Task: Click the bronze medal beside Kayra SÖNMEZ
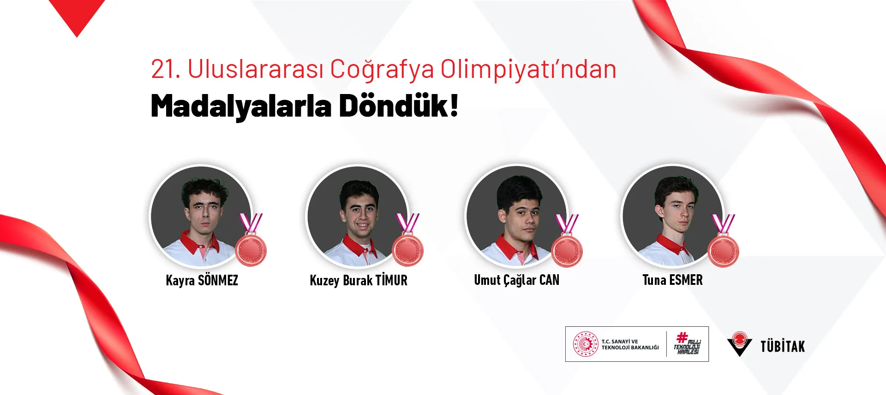point(251,250)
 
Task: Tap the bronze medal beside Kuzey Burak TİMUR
point(408,250)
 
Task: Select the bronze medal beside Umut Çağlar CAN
point(567,251)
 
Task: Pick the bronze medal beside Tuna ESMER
point(724,251)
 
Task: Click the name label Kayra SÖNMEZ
point(202,280)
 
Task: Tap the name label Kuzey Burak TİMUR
point(359,280)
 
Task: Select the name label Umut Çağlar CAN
point(516,280)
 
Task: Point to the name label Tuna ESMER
point(672,280)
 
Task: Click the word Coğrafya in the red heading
point(382,70)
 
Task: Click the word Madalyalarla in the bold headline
point(241,106)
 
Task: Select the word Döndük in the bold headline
point(393,106)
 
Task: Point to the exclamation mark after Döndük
point(454,105)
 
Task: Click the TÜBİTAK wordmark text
point(782,346)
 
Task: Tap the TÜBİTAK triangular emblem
point(739,344)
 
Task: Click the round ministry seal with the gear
point(585,344)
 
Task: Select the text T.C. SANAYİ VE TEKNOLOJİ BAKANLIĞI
point(630,344)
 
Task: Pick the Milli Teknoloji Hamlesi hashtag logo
point(687,344)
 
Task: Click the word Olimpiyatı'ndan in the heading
point(528,70)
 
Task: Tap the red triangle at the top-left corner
point(77,14)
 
